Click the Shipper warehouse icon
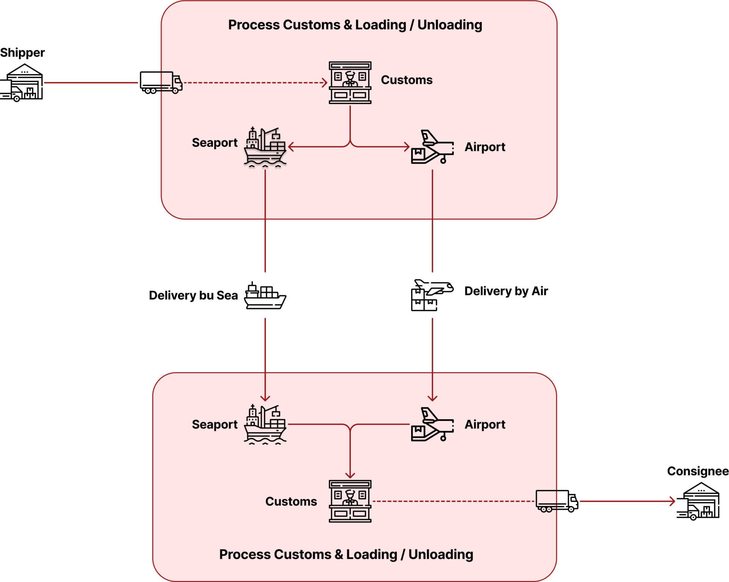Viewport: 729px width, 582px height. pyautogui.click(x=22, y=82)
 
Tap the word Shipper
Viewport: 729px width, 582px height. pyautogui.click(x=22, y=52)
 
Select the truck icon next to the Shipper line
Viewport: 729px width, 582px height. pyautogui.click(x=161, y=82)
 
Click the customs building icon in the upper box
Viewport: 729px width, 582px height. pyautogui.click(x=350, y=83)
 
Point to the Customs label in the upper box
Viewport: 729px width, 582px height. pyautogui.click(x=407, y=80)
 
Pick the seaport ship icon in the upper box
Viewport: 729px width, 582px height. pyautogui.click(x=265, y=147)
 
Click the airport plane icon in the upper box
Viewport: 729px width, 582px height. pyautogui.click(x=432, y=147)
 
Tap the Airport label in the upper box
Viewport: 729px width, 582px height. pyautogui.click(x=485, y=147)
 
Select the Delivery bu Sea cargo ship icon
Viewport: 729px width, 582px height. pyautogui.click(x=265, y=296)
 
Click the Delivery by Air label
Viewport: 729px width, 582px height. pyautogui.click(x=506, y=291)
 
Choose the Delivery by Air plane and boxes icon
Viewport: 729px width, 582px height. pyautogui.click(x=432, y=295)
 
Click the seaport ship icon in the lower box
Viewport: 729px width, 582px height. pyautogui.click(x=265, y=425)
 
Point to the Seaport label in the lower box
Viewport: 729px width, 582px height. pyautogui.click(x=215, y=424)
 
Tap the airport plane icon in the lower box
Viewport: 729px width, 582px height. pyautogui.click(x=432, y=425)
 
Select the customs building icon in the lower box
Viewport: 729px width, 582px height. pyautogui.click(x=350, y=501)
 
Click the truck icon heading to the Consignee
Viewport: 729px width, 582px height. pyautogui.click(x=557, y=501)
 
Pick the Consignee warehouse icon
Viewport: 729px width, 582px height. pyautogui.click(x=698, y=501)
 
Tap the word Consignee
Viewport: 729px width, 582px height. pyautogui.click(x=698, y=471)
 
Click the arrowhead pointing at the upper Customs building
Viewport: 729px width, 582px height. pyautogui.click(x=325, y=82)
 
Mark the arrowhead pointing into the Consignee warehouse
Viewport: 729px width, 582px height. pyautogui.click(x=672, y=501)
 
